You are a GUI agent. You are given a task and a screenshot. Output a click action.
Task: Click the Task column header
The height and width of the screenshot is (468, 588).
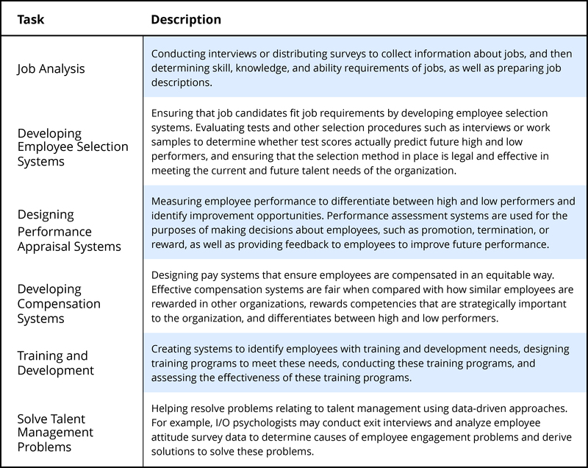pyautogui.click(x=30, y=20)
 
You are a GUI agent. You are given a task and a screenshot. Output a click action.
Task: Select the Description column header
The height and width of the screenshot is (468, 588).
pyautogui.click(x=186, y=20)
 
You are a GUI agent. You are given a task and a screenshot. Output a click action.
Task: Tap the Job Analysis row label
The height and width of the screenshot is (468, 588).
pyautogui.click(x=51, y=68)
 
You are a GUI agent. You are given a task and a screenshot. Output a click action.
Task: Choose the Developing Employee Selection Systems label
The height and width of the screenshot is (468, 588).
pyautogui.click(x=73, y=146)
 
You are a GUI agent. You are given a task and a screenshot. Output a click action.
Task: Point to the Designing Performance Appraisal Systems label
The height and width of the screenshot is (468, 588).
pyautogui.click(x=69, y=230)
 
